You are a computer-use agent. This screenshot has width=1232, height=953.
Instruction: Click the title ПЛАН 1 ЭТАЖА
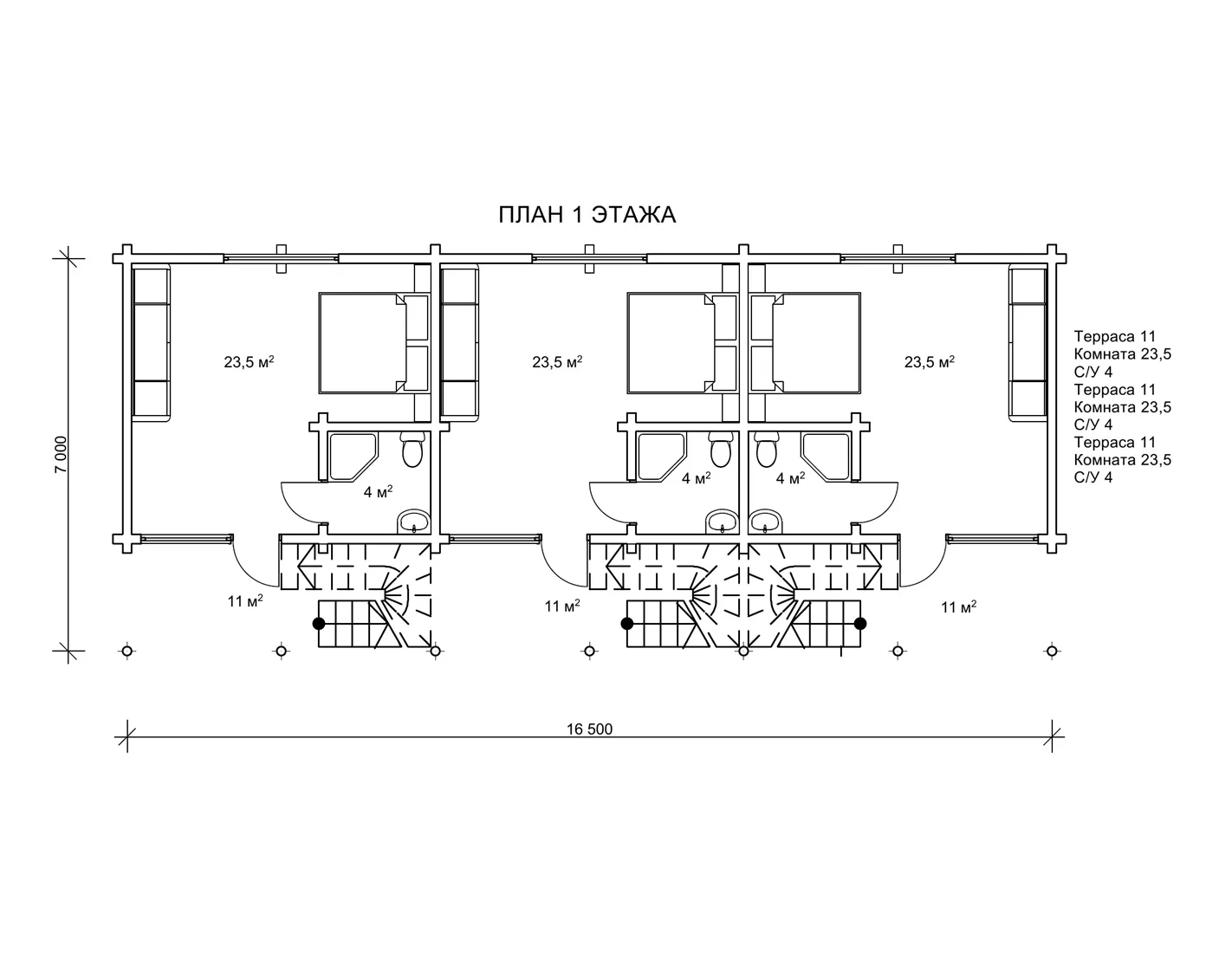click(x=587, y=215)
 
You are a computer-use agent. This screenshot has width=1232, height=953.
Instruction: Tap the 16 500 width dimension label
click(x=590, y=729)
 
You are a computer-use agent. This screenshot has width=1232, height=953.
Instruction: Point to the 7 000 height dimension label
click(x=61, y=454)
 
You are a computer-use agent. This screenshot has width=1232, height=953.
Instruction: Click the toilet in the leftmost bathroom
click(x=412, y=450)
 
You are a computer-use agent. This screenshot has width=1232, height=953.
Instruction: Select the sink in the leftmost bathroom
click(x=413, y=522)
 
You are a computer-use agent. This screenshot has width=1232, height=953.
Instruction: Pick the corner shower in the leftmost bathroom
click(x=353, y=457)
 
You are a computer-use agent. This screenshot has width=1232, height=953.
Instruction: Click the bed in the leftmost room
click(x=373, y=343)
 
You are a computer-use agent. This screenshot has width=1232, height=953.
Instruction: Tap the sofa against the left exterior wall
click(x=152, y=343)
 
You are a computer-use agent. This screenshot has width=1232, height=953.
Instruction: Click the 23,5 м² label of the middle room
click(x=557, y=361)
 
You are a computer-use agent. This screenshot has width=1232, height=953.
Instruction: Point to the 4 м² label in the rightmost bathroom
click(x=790, y=478)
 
